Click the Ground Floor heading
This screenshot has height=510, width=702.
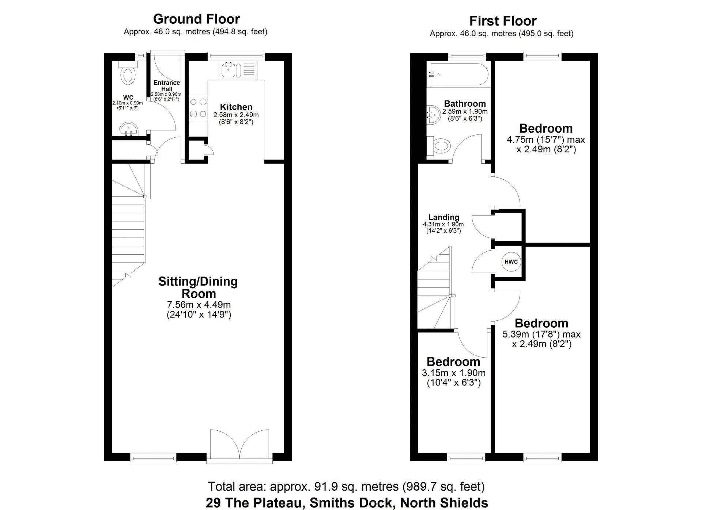point(196,19)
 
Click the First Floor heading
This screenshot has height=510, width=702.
point(503,21)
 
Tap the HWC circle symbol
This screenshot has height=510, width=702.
point(511,262)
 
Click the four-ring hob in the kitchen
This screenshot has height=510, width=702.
point(198,108)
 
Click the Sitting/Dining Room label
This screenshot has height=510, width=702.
point(198,287)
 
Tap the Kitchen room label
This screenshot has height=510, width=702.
point(236,107)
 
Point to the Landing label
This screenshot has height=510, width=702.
point(444,217)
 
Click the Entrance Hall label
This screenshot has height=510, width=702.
point(167,86)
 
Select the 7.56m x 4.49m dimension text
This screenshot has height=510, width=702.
point(199,305)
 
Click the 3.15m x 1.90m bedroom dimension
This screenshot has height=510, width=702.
point(454,373)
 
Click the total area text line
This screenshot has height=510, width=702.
point(346,487)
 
